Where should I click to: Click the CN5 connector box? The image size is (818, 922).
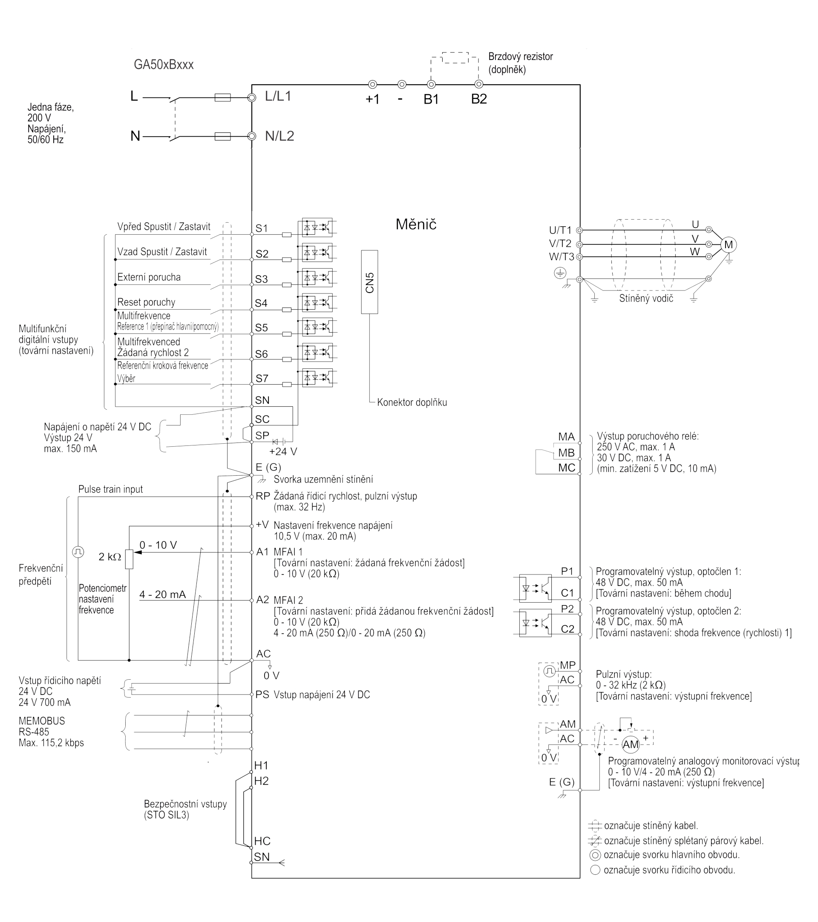(x=369, y=282)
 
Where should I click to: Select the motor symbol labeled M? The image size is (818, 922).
(x=728, y=244)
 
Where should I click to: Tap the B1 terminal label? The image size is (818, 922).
(x=431, y=99)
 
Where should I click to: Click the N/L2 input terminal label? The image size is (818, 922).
(x=279, y=136)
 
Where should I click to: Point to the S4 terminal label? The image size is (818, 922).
(x=261, y=303)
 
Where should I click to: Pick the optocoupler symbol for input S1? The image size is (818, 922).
(x=317, y=228)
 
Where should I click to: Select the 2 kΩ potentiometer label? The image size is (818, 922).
(x=109, y=557)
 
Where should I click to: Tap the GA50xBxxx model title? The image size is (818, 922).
(x=163, y=64)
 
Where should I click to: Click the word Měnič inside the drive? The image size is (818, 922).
(x=415, y=224)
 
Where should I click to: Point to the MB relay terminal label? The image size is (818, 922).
(x=566, y=452)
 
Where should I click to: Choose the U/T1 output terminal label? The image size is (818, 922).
(x=560, y=230)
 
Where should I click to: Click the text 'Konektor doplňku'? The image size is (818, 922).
(x=412, y=402)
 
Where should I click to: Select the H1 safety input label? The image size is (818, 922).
(x=261, y=765)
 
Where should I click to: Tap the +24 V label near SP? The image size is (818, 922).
(x=283, y=451)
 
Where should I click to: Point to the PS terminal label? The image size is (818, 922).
(x=262, y=694)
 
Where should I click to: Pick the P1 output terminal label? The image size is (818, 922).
(x=567, y=571)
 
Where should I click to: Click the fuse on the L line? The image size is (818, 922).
(x=222, y=98)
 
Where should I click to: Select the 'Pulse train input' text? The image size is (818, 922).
(x=110, y=489)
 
